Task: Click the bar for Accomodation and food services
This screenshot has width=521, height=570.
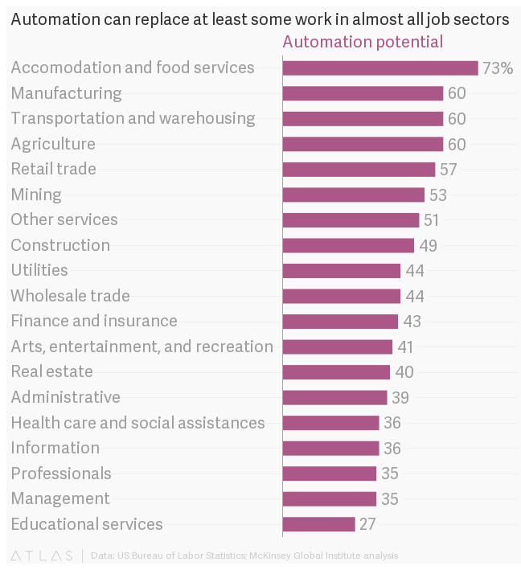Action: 380,68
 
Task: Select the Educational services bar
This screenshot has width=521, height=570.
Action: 318,524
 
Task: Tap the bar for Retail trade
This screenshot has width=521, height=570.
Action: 359,170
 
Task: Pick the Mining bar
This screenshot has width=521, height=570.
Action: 353,195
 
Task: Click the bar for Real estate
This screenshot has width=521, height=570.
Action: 336,372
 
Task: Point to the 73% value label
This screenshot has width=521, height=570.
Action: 497,68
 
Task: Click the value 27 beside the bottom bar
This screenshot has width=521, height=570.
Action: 367,524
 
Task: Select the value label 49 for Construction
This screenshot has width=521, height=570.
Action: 428,245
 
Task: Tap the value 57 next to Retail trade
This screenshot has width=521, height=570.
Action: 448,170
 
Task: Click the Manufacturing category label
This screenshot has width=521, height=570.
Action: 66,93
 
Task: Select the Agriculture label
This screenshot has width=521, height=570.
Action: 53,144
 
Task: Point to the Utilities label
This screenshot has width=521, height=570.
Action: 39,270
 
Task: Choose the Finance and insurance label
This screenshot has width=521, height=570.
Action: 94,321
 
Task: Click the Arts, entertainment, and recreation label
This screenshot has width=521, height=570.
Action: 142,347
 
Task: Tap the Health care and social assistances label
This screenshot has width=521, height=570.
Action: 137,423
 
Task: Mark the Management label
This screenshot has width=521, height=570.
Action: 60,498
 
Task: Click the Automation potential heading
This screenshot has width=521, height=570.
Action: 363,42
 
